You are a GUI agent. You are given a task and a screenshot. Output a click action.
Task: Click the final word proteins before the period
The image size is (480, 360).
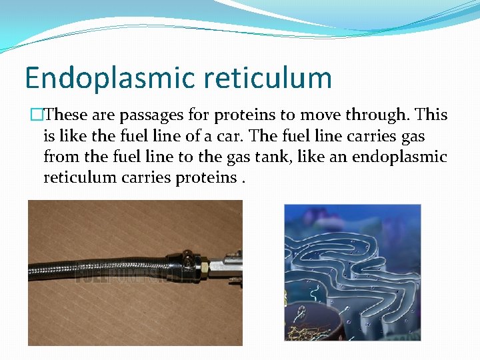point(207,177)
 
